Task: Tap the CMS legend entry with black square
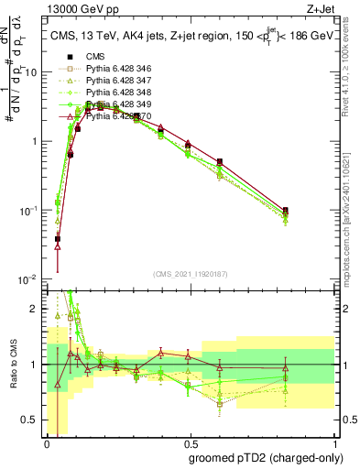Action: [95, 56]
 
